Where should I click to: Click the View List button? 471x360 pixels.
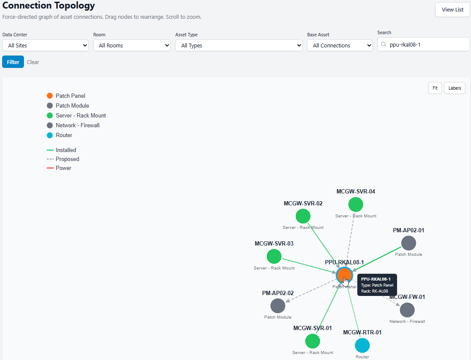coord(452,9)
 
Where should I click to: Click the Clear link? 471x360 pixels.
coord(33,62)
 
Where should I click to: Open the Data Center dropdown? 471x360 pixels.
coord(45,45)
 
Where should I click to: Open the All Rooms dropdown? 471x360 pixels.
coord(132,45)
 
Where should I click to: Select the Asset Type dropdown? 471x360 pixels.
coord(239,45)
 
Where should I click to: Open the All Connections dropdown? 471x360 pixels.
coord(340,45)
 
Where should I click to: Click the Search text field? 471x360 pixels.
coord(424,44)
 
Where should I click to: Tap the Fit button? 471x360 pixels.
coord(435,88)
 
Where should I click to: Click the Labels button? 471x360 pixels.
coord(454,88)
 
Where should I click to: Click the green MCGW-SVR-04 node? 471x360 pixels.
coord(356,205)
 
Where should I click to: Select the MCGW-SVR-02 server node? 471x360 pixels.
coord(303,216)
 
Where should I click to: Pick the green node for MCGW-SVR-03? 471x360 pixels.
coord(274,256)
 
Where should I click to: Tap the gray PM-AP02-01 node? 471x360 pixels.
coord(409,243)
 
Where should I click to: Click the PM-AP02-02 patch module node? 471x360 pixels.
coord(278,306)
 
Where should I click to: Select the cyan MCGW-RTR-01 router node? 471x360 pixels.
coord(362,345)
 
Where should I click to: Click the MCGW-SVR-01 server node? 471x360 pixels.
coord(312,341)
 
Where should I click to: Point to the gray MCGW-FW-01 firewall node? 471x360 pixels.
coord(407,310)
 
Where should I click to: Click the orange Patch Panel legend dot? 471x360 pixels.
coord(50,96)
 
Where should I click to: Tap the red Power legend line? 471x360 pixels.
coord(50,168)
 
